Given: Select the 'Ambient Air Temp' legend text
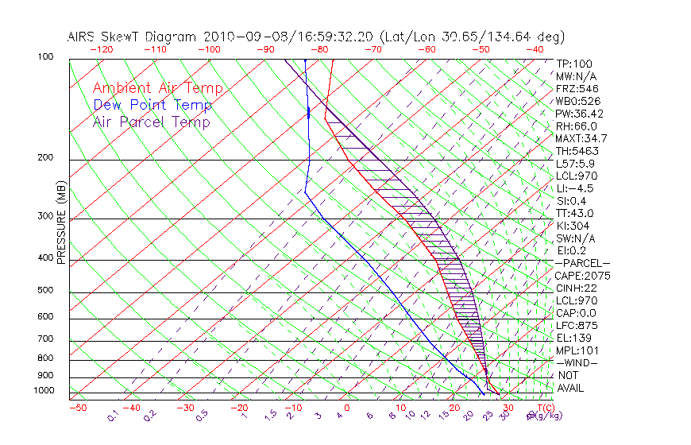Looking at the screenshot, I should (x=157, y=88).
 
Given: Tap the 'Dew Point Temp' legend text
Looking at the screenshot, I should (x=152, y=105).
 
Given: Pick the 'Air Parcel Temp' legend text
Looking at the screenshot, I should (x=151, y=122).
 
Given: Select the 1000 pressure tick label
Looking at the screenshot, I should (x=44, y=390).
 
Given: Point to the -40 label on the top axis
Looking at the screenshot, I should (x=535, y=49).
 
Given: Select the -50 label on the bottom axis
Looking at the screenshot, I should (x=77, y=408).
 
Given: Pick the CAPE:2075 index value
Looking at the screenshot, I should (x=582, y=276).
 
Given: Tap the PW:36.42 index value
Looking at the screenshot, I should (x=580, y=114).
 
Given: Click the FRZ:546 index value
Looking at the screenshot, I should (x=577, y=88).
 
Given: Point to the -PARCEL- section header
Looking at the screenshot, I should (x=582, y=263).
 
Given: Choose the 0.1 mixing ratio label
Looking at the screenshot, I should (x=114, y=415).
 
